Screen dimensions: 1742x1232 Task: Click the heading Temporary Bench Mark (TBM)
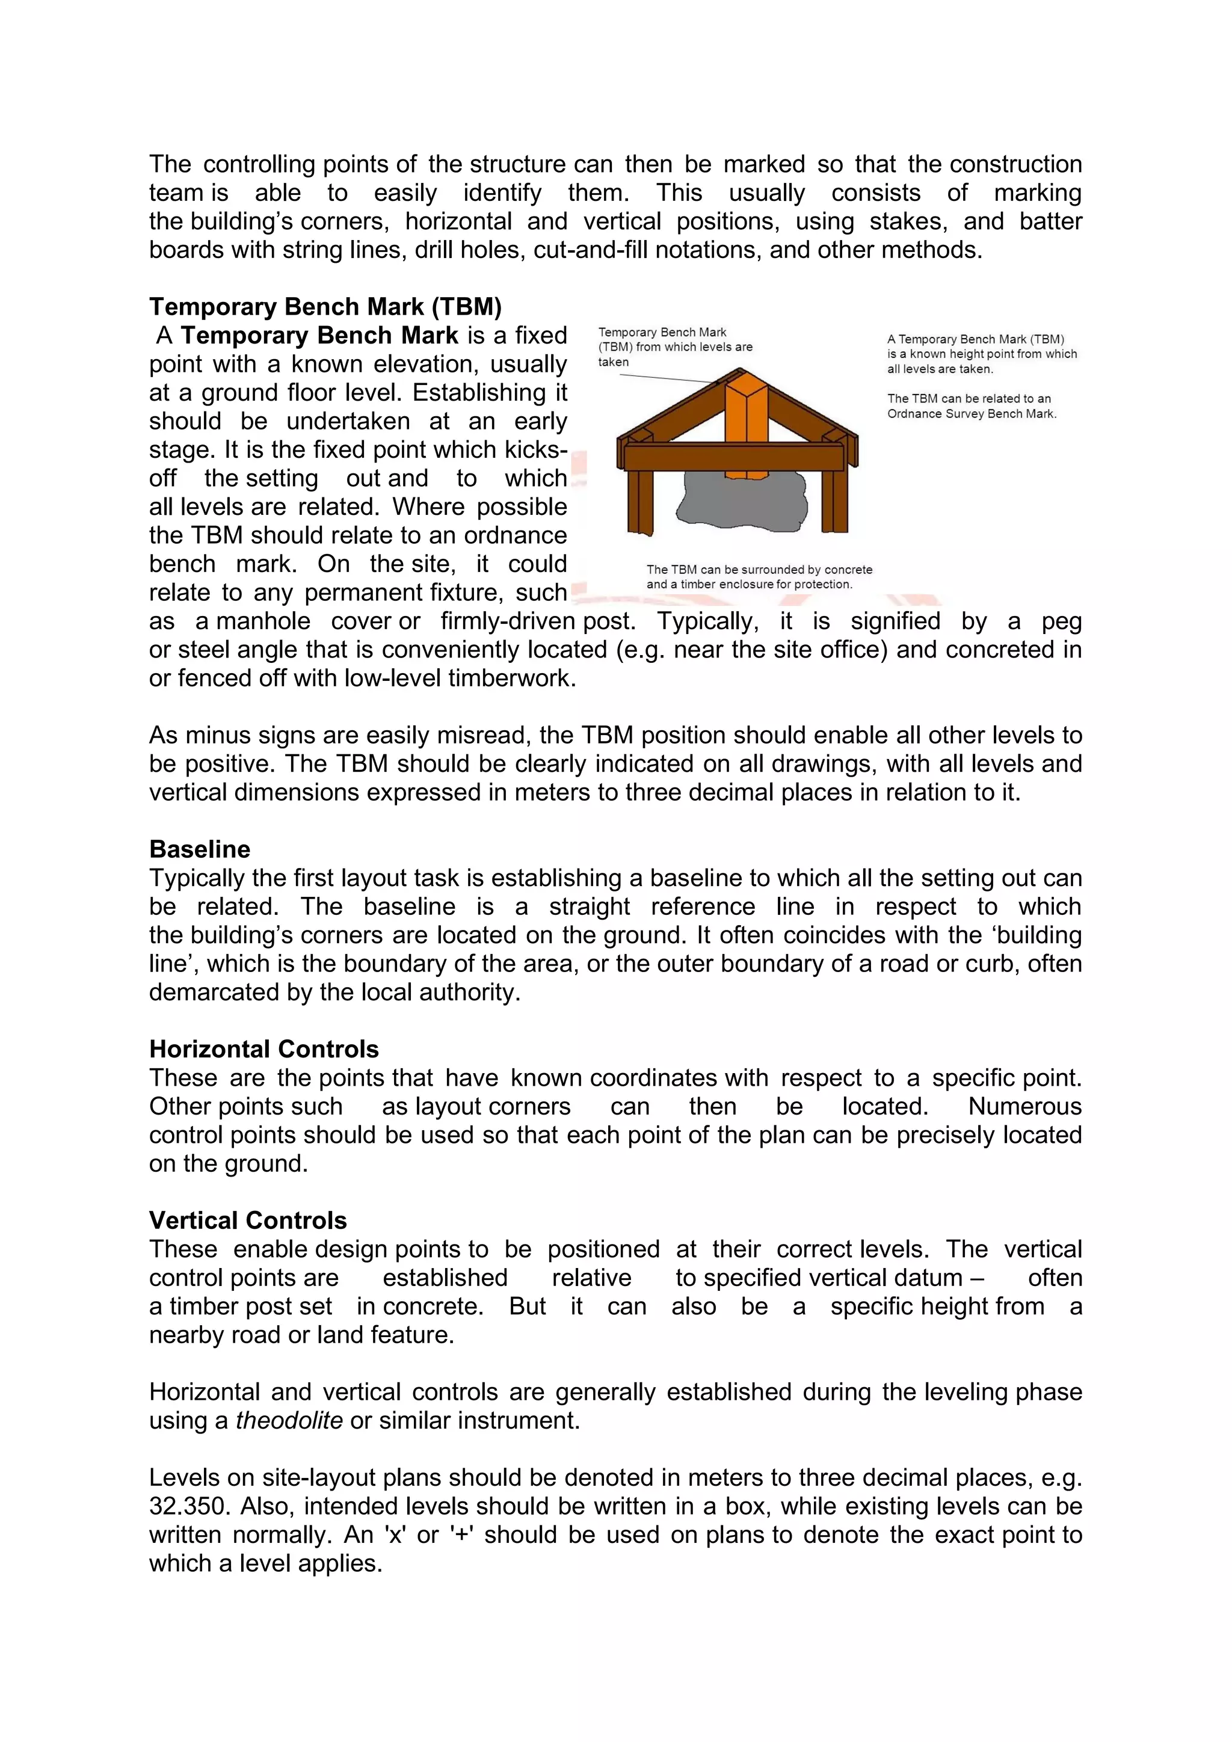tap(325, 307)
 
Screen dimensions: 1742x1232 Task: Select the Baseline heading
tap(200, 849)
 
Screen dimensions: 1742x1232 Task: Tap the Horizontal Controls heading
tap(264, 1048)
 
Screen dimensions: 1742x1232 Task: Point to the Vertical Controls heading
tap(248, 1220)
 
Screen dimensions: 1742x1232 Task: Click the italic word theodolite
tap(289, 1420)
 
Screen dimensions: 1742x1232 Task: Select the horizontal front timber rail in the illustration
tap(735, 458)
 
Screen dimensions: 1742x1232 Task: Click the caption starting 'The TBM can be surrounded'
tap(759, 577)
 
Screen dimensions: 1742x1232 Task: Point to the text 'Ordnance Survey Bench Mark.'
tap(972, 413)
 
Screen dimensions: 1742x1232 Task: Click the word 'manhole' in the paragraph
tap(263, 621)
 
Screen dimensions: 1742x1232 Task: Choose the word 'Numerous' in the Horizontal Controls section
tap(1024, 1106)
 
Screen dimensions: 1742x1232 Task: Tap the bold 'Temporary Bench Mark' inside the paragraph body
tap(319, 336)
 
